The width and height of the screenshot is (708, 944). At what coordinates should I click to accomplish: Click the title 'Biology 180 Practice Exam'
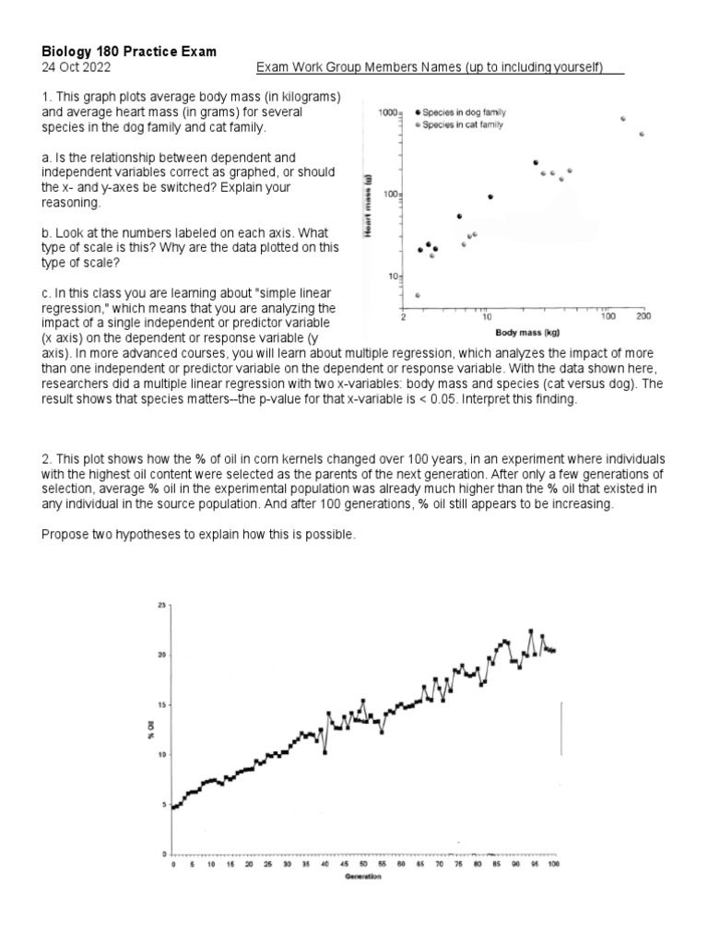(x=129, y=52)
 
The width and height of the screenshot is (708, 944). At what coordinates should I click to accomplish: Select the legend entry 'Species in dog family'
(x=461, y=112)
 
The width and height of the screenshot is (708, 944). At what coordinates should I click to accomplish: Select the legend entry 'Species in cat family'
(x=461, y=124)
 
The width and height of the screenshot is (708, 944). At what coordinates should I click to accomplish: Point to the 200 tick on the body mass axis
(x=643, y=316)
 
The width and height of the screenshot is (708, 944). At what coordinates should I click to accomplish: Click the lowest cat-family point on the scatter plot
(x=418, y=295)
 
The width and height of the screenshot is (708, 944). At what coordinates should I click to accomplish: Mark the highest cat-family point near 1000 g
(x=623, y=119)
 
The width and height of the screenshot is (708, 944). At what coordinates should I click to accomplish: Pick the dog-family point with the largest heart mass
(x=536, y=162)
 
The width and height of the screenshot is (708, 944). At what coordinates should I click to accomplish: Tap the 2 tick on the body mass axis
(x=404, y=316)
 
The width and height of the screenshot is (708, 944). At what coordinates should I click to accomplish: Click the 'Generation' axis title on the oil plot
(x=362, y=876)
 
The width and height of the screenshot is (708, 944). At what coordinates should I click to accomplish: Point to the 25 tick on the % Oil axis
(x=162, y=605)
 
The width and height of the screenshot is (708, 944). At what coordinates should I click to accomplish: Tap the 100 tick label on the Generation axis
(x=553, y=865)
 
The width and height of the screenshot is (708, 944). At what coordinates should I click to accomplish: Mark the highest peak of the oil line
(x=531, y=631)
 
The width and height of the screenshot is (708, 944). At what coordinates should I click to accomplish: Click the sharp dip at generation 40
(x=324, y=752)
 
